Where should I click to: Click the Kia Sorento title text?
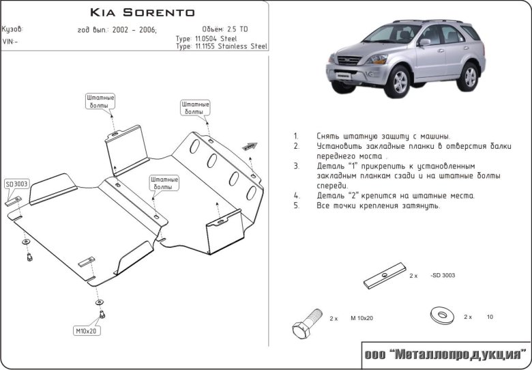(x=142, y=12)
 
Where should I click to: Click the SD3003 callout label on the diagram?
(x=16, y=184)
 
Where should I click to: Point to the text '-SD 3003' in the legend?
(x=443, y=276)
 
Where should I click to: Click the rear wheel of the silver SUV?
(x=468, y=76)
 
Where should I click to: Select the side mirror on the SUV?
(x=425, y=42)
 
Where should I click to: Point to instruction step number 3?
(x=296, y=166)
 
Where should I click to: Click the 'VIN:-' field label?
(x=11, y=42)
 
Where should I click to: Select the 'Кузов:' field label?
(x=12, y=29)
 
